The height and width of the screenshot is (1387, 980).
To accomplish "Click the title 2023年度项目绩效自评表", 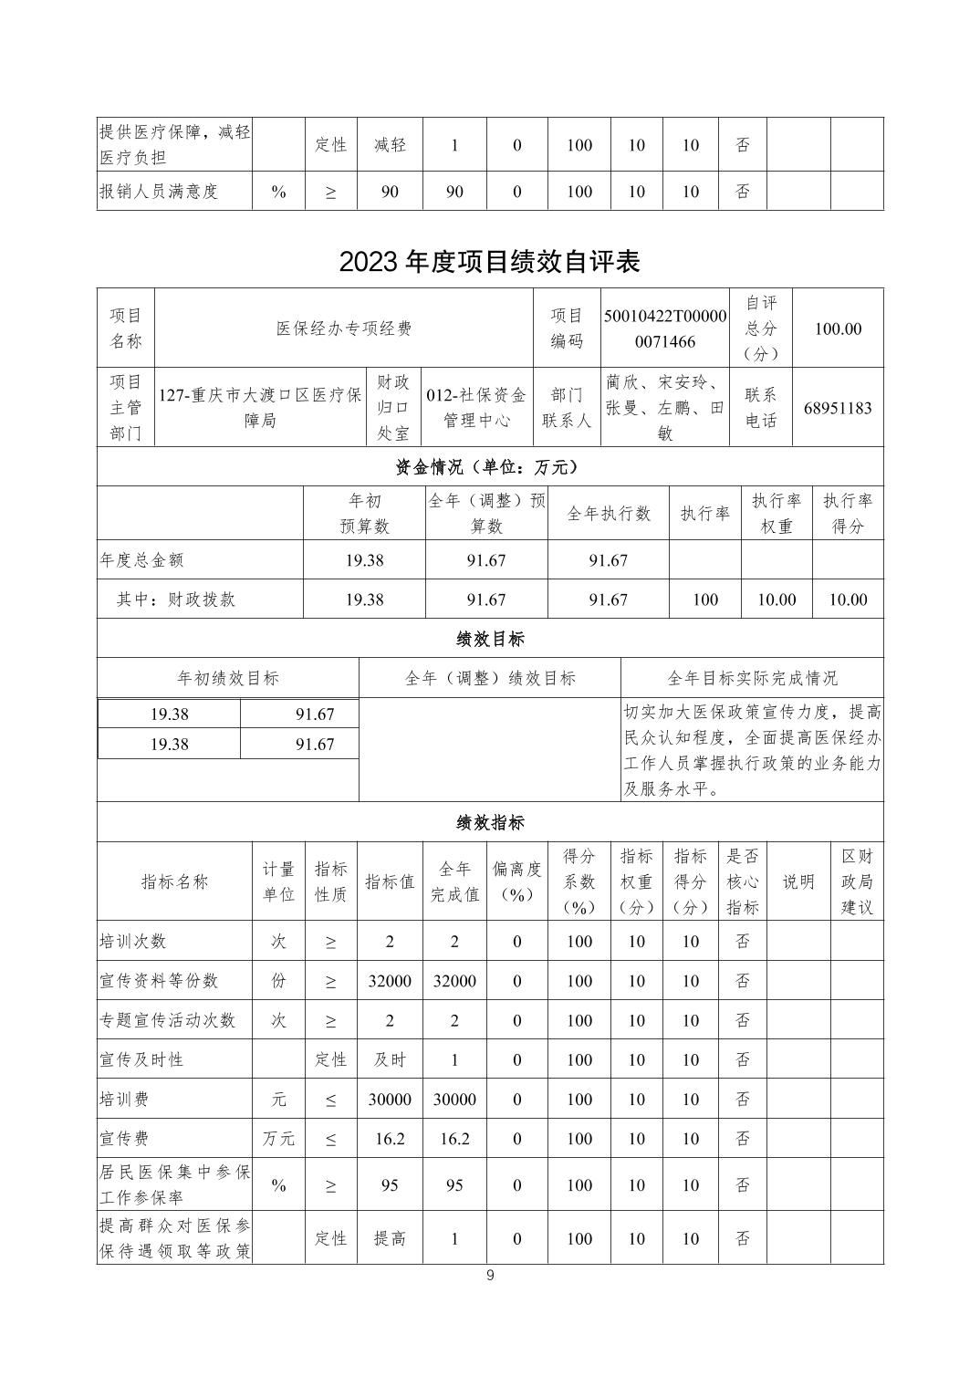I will [489, 262].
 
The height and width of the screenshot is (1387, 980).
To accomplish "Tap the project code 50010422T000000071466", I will [665, 328].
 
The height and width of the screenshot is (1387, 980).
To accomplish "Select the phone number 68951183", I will [837, 408].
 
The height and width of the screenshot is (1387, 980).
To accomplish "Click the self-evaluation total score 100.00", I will [837, 328].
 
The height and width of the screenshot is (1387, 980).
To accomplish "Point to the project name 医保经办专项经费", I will [344, 328].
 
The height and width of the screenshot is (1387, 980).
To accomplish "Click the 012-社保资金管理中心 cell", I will [476, 408].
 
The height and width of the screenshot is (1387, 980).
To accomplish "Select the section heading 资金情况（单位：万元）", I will [489, 466].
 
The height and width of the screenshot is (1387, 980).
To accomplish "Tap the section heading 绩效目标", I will [489, 639].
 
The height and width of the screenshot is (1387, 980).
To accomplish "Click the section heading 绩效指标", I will [489, 822].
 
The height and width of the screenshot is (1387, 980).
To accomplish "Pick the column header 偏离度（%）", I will [516, 881].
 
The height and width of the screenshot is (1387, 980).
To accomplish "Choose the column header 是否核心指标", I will [742, 881].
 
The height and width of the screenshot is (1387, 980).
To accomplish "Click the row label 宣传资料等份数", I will [159, 981].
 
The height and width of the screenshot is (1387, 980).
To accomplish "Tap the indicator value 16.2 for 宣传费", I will [390, 1139].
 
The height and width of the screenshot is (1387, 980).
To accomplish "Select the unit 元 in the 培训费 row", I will [278, 1100].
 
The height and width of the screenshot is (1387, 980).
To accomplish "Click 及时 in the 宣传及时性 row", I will [390, 1060].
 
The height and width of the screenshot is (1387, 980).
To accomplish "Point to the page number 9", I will [490, 1276].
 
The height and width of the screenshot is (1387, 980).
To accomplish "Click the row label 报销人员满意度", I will [159, 192].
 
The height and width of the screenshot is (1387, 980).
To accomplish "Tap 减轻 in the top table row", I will [390, 145].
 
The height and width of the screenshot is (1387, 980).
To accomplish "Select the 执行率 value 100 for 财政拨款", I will [704, 600].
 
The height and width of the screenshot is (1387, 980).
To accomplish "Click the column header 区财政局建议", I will [856, 881].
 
